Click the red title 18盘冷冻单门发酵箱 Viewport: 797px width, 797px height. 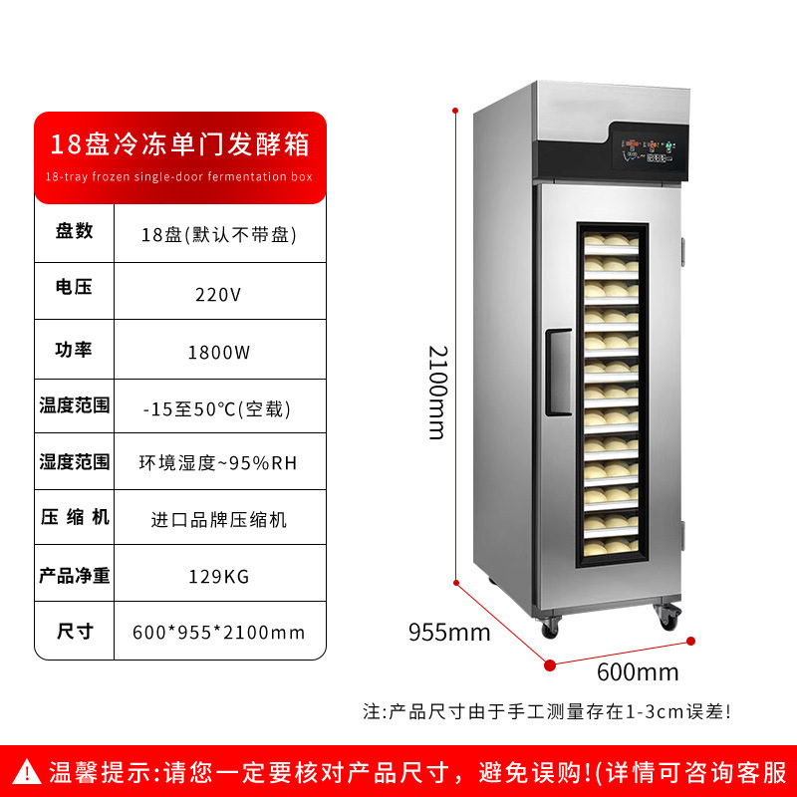click(180, 143)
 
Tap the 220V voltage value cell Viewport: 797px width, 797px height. click(219, 294)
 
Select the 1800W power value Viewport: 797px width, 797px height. click(219, 351)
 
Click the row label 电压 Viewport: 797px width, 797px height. click(74, 288)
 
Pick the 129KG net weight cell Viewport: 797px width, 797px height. click(219, 576)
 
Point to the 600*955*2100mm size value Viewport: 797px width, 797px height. click(219, 633)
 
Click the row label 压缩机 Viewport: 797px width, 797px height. click(74, 518)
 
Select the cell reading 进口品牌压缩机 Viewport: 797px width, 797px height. click(219, 519)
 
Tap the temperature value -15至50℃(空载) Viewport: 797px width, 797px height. click(219, 406)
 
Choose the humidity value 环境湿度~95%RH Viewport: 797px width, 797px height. click(219, 463)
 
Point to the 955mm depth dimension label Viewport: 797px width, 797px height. click(449, 632)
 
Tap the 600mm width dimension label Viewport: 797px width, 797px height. click(638, 671)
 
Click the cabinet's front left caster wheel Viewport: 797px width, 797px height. click(550, 629)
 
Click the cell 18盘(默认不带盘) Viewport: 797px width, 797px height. click(219, 235)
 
